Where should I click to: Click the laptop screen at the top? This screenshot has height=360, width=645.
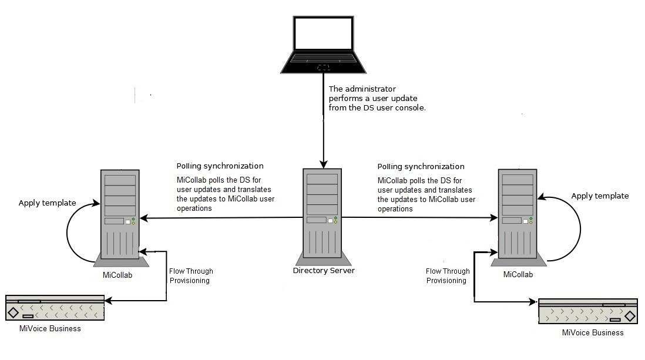click(x=323, y=33)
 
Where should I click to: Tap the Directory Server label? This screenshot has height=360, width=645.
click(x=324, y=271)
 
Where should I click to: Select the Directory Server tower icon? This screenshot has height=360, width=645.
click(x=323, y=217)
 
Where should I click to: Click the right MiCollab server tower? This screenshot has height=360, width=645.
click(x=518, y=217)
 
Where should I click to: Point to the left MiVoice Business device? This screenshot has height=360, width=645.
click(x=55, y=308)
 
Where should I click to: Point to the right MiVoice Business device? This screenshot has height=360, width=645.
click(x=588, y=311)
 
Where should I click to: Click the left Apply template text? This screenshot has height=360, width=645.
click(x=48, y=203)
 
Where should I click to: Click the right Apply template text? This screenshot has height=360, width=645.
click(x=600, y=196)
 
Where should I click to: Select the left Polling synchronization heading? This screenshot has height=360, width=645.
click(x=220, y=166)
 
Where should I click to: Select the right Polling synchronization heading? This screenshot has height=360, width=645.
click(x=421, y=166)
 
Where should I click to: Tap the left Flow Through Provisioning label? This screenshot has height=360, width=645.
click(x=191, y=275)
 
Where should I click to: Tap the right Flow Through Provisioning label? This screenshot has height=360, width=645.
click(x=448, y=275)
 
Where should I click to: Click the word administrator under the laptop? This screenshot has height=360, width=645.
click(x=370, y=89)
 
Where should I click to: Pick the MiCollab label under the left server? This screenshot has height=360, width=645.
click(x=117, y=275)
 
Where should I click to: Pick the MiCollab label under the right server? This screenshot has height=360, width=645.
click(x=518, y=274)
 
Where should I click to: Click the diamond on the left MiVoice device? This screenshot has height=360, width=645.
click(x=13, y=312)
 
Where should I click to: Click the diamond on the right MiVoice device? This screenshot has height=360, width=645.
click(x=630, y=316)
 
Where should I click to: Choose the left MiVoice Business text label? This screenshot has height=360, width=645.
click(x=50, y=328)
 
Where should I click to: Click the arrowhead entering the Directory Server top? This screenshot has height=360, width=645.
click(x=323, y=164)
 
